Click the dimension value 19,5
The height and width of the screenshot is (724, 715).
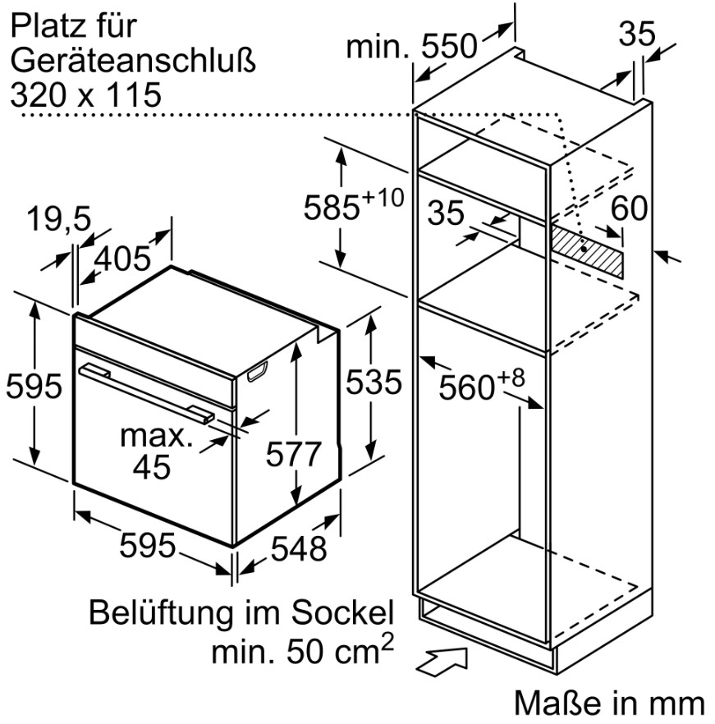(58, 218)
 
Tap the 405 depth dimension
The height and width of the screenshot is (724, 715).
(122, 258)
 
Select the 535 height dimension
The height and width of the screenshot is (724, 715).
(374, 382)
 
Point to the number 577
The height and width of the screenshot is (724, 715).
(293, 454)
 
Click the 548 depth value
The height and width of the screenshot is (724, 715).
(299, 548)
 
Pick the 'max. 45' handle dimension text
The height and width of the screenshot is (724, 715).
(156, 451)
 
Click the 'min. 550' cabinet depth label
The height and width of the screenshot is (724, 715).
(411, 46)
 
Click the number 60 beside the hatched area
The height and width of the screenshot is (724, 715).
(629, 208)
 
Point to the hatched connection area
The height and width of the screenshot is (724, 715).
(587, 249)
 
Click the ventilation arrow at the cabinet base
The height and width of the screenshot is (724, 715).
(442, 662)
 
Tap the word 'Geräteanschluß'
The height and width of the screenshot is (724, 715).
(133, 61)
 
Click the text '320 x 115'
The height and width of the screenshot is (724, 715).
(86, 95)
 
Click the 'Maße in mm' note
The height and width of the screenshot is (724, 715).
(609, 703)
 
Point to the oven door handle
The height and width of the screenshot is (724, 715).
(147, 393)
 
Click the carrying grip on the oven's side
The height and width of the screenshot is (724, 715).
(257, 371)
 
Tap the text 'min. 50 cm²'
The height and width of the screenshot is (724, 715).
(303, 648)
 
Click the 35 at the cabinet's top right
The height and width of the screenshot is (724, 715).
(637, 34)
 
